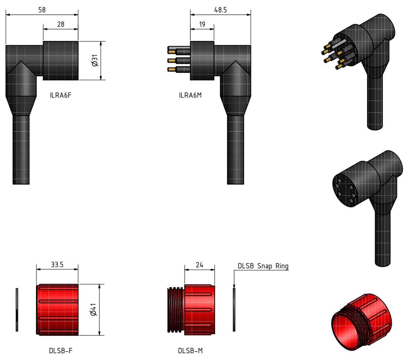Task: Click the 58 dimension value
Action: [42, 10]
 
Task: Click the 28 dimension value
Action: [61, 24]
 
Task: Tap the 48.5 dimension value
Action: [220, 10]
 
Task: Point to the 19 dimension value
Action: [202, 24]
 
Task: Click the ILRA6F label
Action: [61, 95]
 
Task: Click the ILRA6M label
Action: [190, 95]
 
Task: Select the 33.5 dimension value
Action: [57, 265]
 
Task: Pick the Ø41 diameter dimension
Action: [94, 310]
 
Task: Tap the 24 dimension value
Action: [199, 265]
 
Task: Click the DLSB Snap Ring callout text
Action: [263, 266]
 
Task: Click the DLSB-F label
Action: [61, 351]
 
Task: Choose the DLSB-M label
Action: [190, 351]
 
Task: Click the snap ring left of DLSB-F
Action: [17, 310]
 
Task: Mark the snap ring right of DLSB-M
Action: [234, 310]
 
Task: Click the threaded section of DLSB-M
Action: [176, 310]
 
